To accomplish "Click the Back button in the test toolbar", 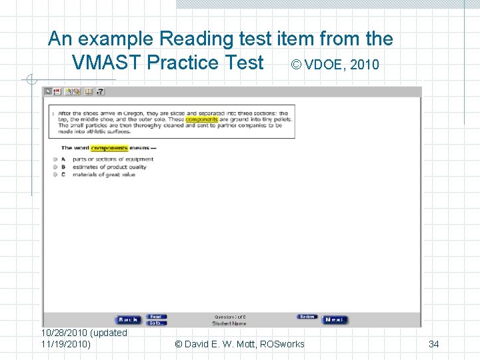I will pos(127,320).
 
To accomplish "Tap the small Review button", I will pos(307,317).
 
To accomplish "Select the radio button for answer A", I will pos(55,159).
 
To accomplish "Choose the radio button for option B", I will pos(55,167).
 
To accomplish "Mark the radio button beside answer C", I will pos(55,175).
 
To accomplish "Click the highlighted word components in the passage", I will pos(201,119).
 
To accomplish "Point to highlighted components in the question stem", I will pos(109,148).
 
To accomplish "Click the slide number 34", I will pos(433,344).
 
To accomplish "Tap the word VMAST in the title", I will pos(107,63).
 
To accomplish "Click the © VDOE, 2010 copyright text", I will pos(335,65).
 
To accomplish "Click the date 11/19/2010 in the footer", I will pos(65,344).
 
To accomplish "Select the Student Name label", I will pos(229,323).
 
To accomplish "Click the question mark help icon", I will pos(101,92).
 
